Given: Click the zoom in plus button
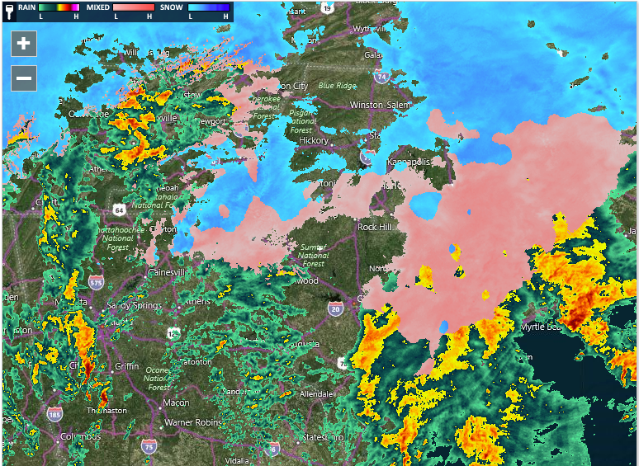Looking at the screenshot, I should coord(23,44).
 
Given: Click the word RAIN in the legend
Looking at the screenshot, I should coord(26,6).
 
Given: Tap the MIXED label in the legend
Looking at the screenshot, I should coord(98,6).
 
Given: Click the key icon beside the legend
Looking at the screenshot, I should coord(7,11).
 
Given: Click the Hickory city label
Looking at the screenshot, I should coord(314,141).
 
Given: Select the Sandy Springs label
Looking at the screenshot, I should coord(135,306).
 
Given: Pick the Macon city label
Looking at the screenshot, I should coord(176,402).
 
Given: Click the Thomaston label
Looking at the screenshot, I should coord(108,410).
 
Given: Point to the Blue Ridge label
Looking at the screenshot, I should coord(337,85).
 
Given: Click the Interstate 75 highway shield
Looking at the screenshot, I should coord(149,446).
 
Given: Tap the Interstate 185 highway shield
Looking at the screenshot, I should coord(54,413).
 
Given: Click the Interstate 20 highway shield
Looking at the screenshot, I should coord(335,309).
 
